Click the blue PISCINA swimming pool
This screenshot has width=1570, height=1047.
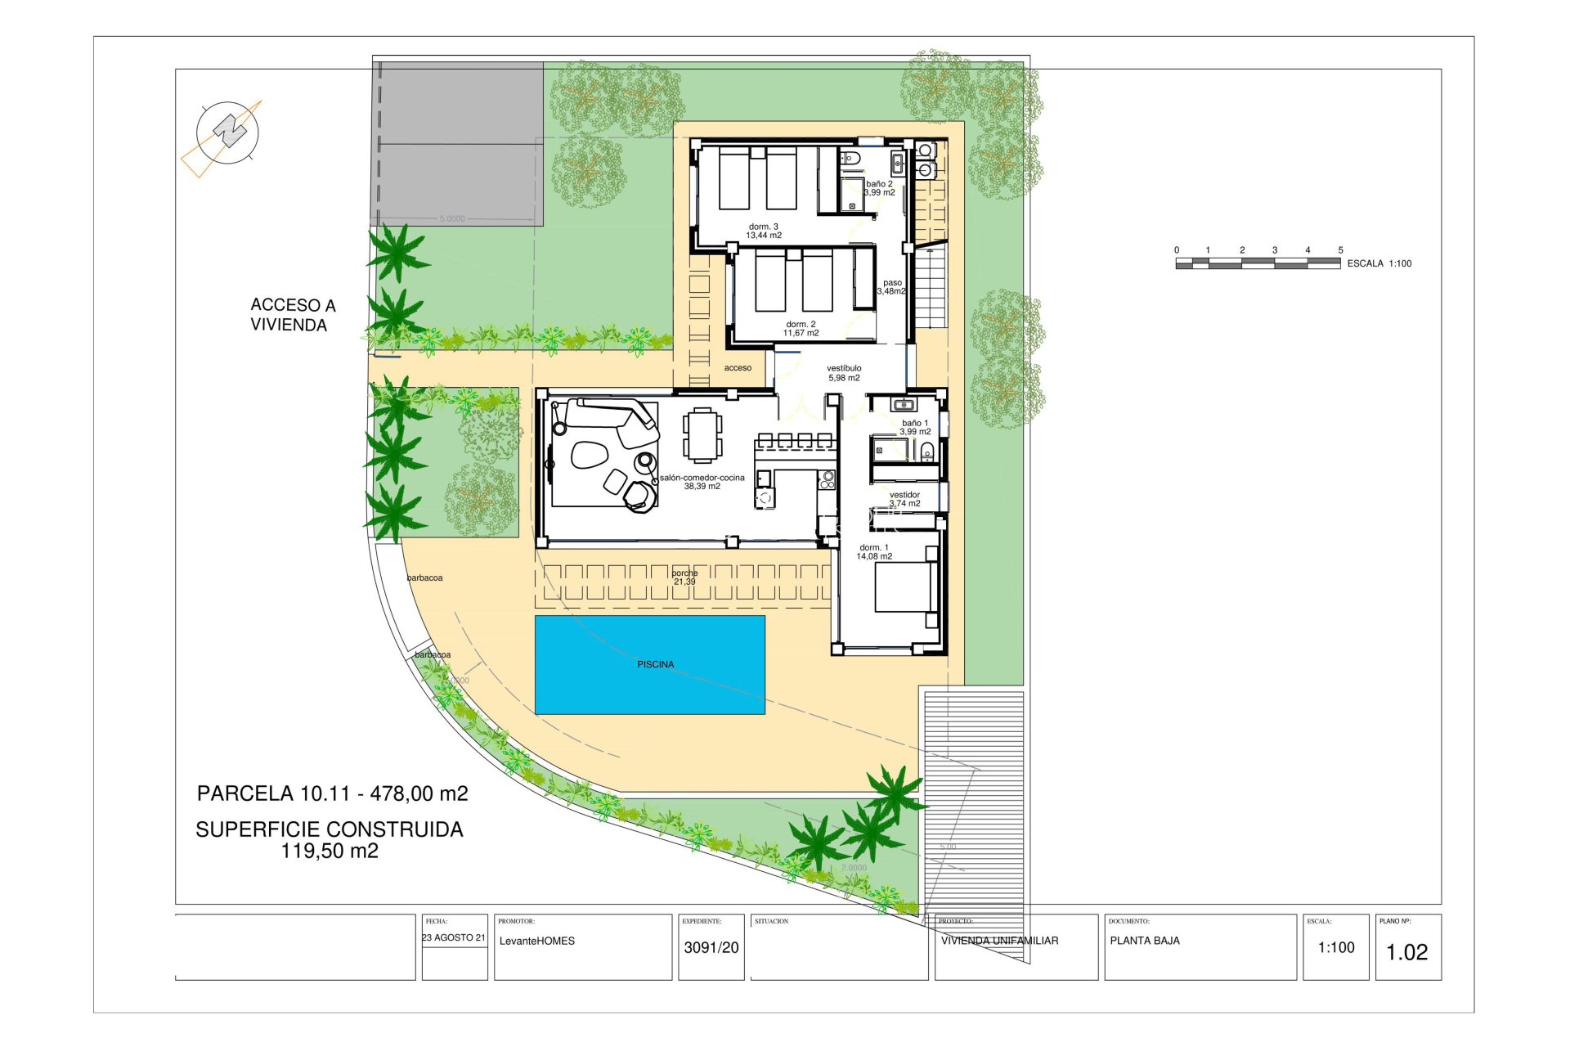649,665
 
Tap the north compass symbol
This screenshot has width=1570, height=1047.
228,132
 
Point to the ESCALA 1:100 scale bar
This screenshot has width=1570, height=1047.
1257,263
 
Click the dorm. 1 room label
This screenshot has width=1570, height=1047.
874,552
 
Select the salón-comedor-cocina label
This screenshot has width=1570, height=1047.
702,482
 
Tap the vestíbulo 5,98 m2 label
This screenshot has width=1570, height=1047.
844,373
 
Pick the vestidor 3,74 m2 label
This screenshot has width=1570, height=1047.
904,499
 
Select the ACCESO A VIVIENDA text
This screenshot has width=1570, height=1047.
292,315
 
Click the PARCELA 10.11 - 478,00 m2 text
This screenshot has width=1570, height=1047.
332,793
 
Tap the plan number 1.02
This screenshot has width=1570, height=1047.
1406,952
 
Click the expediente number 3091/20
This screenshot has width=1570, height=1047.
711,947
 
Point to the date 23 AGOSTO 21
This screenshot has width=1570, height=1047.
454,937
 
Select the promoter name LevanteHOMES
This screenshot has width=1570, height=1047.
536,941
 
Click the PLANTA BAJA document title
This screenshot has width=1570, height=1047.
1144,941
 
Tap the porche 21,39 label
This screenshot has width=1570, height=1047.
684,577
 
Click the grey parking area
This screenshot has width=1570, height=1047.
458,144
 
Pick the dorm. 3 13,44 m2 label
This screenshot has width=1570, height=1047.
763,231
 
